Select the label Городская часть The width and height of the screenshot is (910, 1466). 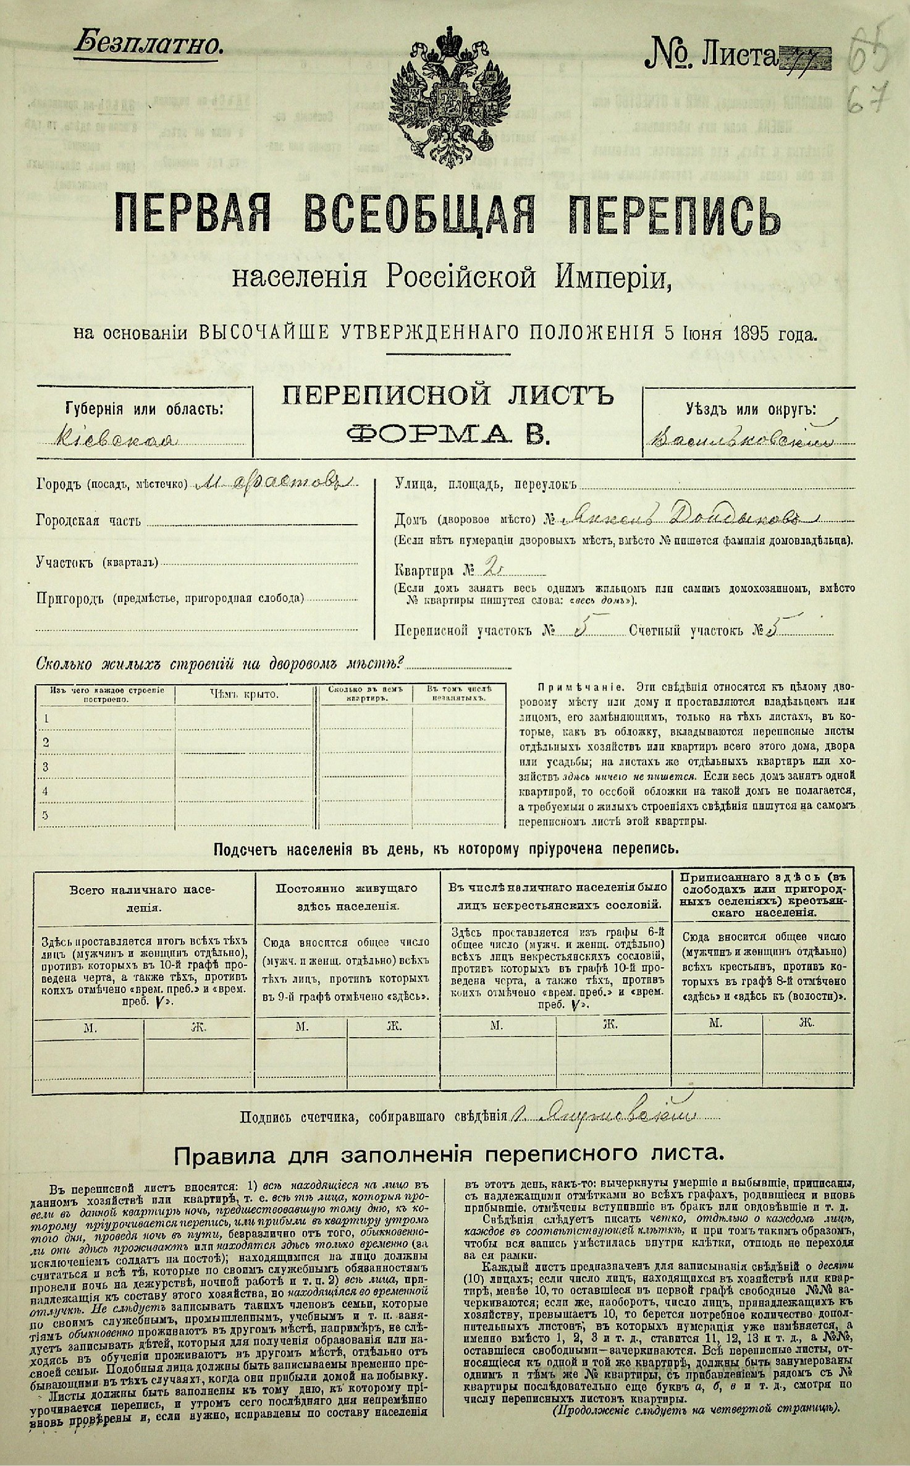[88, 521]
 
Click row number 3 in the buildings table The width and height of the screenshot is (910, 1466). [45, 767]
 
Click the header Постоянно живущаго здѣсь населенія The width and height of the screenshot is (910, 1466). [347, 897]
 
